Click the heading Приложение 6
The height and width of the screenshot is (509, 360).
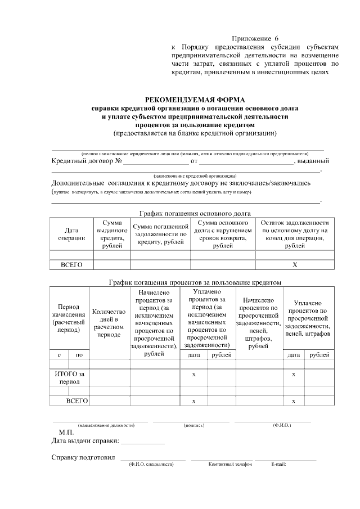pyautogui.click(x=255, y=38)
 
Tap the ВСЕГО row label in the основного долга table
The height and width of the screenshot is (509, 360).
pyautogui.click(x=71, y=264)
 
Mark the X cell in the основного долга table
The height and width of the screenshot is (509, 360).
pyautogui.click(x=295, y=264)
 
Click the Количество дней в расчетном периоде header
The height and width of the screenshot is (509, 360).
pyautogui.click(x=109, y=323)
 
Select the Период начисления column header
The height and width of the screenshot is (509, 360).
pyautogui.click(x=69, y=319)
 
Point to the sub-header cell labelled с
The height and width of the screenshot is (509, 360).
pyautogui.click(x=59, y=355)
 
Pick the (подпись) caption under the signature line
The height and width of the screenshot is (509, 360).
pyautogui.click(x=193, y=425)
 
